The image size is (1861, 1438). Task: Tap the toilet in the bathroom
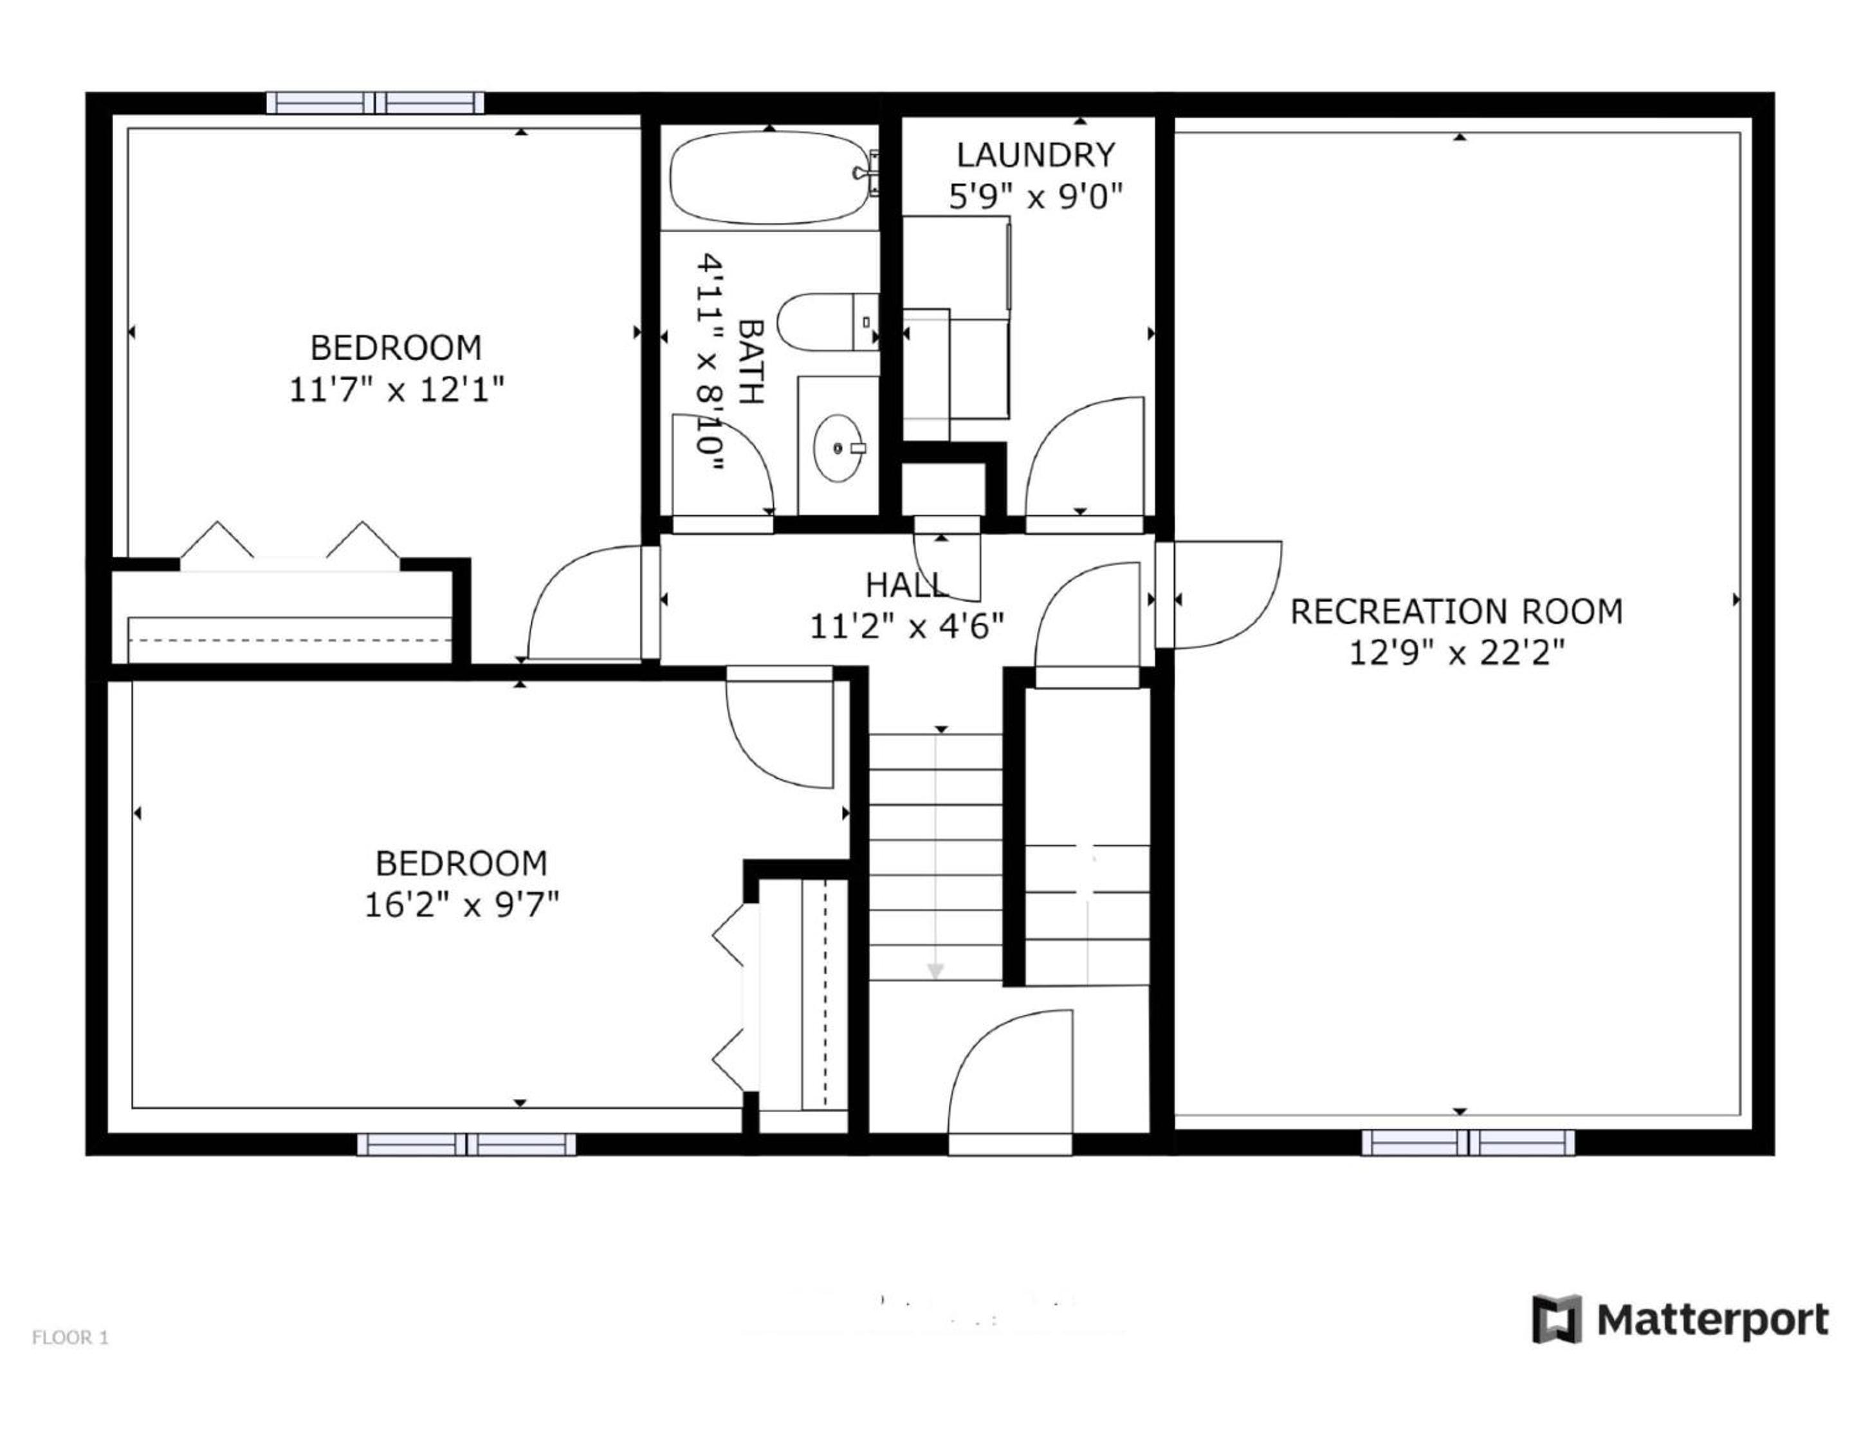[x=827, y=321]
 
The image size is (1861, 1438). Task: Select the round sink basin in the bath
[x=840, y=448]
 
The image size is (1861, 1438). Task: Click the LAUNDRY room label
[x=1035, y=155]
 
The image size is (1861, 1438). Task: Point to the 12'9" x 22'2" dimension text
[x=1457, y=654]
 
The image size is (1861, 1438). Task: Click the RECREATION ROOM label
[x=1456, y=612]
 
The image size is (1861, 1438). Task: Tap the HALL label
[x=906, y=585]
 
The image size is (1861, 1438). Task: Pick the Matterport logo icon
[x=1557, y=1320]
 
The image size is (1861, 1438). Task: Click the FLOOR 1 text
[x=70, y=1338]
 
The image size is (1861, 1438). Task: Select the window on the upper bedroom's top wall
[x=375, y=103]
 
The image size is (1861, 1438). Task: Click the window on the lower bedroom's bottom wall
[x=466, y=1144]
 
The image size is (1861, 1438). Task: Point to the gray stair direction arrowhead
[x=935, y=971]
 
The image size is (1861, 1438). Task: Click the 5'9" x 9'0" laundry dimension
[x=1035, y=198]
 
